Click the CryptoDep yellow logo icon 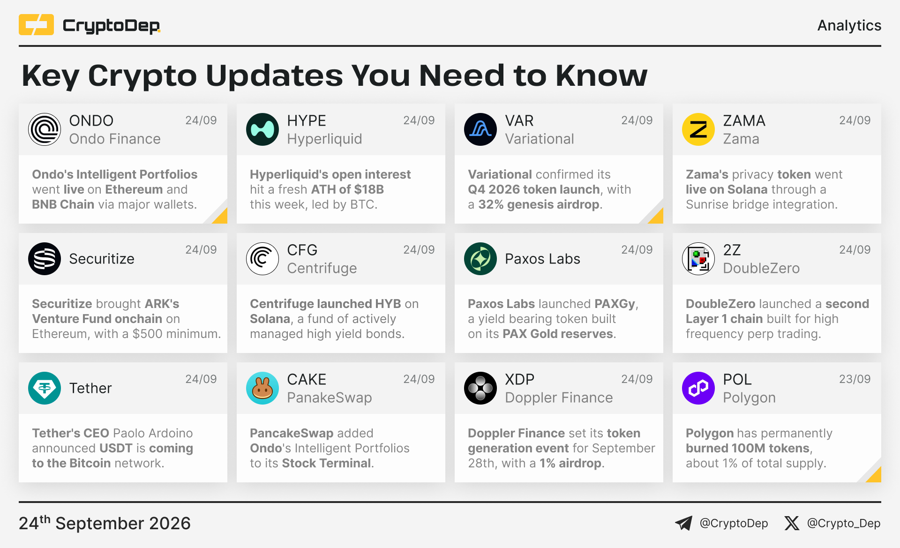[x=36, y=25]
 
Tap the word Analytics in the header [x=849, y=25]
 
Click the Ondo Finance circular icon [x=45, y=129]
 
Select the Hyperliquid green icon [x=262, y=129]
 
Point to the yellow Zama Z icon [x=698, y=129]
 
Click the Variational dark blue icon [x=480, y=129]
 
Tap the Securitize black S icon [x=45, y=259]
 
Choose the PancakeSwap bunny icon [x=262, y=388]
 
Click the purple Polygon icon [x=698, y=388]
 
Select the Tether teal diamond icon [x=45, y=388]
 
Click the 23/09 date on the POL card [x=855, y=379]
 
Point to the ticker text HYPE [x=307, y=120]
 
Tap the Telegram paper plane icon [x=683, y=523]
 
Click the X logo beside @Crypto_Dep [x=792, y=523]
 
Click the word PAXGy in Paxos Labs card [x=615, y=304]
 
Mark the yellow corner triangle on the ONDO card [x=221, y=217]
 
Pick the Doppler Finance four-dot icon [x=480, y=388]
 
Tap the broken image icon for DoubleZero [x=698, y=259]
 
